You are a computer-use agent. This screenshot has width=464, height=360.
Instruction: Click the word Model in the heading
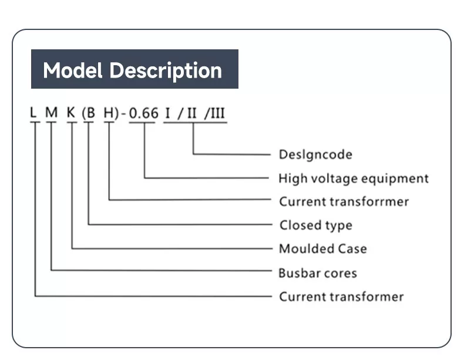coord(73,70)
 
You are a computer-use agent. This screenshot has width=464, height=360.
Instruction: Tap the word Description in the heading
coord(166,71)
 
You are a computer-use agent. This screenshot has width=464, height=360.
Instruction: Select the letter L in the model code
coord(35,113)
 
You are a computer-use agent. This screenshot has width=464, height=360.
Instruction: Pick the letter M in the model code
coord(52,113)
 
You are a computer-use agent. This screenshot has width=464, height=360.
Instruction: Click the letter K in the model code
coord(71,113)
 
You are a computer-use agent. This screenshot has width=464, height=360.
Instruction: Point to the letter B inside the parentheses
coord(89,113)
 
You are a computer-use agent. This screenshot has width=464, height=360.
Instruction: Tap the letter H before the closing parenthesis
coord(108,113)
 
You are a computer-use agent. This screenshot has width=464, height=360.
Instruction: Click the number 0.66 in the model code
coord(144,113)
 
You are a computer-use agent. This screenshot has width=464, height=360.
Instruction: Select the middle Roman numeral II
coord(192,113)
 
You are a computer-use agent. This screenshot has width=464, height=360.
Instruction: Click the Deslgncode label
coord(315,154)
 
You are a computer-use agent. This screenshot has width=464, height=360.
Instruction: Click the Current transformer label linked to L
coord(341,297)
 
